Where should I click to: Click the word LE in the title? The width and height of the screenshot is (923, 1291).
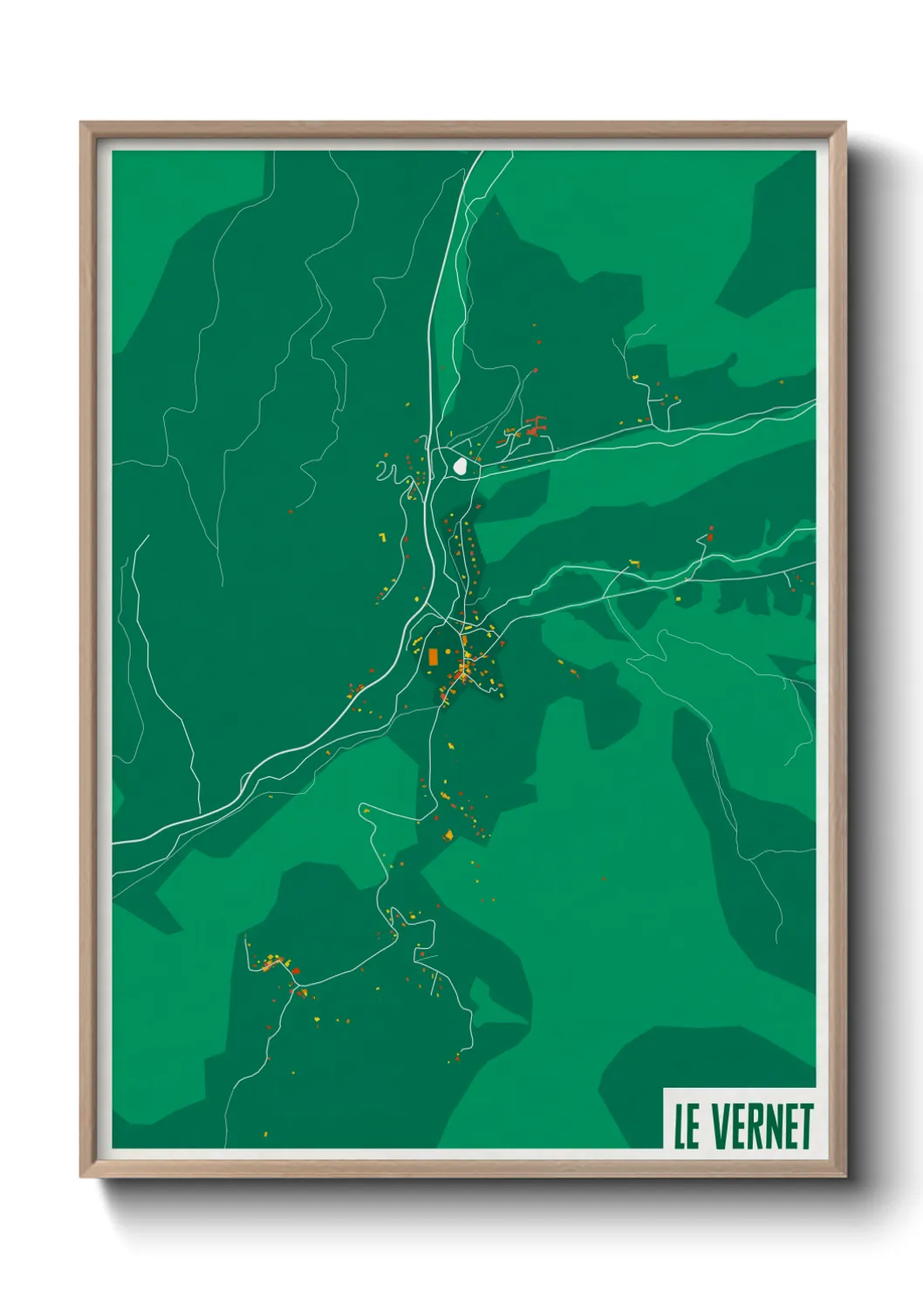coord(686,1126)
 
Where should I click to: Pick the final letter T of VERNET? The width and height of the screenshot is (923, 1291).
coord(805,1126)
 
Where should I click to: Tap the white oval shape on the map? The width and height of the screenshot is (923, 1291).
coord(459,467)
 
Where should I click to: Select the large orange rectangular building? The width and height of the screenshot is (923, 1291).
coord(433,657)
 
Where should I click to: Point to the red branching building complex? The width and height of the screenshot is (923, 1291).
coord(533,427)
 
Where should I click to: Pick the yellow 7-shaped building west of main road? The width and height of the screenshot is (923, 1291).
coord(382,537)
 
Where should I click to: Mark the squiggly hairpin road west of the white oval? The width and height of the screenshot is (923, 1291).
coord(390,472)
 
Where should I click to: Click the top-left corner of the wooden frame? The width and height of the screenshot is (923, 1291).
coord(81,124)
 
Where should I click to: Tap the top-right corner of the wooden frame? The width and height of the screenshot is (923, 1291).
coord(844,124)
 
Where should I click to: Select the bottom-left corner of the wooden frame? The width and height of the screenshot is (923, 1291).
coord(81,1176)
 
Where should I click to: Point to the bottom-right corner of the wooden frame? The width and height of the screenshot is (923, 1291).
coord(844,1176)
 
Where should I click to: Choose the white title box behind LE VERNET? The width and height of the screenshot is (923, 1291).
coord(739,1118)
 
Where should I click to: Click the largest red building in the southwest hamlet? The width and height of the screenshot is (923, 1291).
coord(296,970)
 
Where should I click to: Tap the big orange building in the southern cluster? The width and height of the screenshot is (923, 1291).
coord(449,836)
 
